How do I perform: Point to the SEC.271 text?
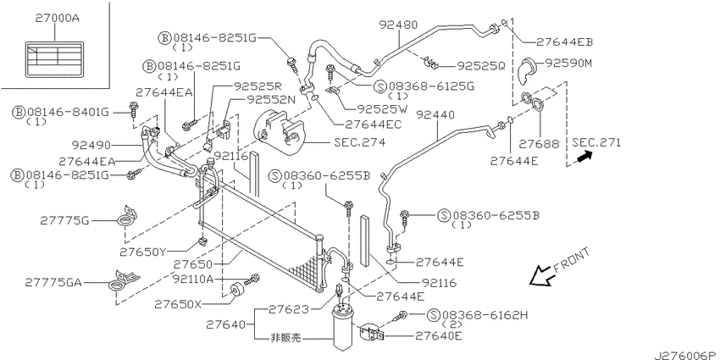[x=596, y=143]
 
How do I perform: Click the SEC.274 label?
[x=359, y=142]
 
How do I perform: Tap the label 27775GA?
[x=53, y=282]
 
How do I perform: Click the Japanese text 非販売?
[x=285, y=338]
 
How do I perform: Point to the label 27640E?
[x=439, y=336]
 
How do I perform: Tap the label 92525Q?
[x=481, y=67]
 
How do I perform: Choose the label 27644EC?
[x=373, y=124]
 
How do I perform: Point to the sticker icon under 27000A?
[x=55, y=58]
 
